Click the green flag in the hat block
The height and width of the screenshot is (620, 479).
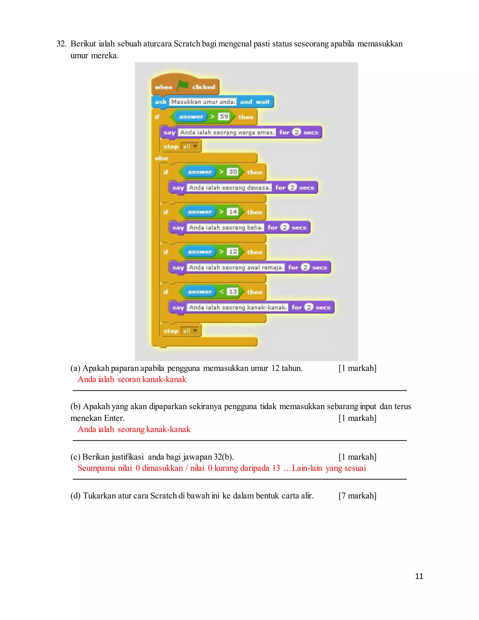click(x=183, y=85)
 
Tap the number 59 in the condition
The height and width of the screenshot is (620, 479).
click(x=224, y=116)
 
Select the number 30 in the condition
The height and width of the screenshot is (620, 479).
click(x=233, y=172)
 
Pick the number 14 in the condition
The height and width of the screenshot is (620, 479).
click(x=233, y=212)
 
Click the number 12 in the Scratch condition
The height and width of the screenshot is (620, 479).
click(x=233, y=252)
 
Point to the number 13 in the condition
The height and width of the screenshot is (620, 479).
click(x=233, y=292)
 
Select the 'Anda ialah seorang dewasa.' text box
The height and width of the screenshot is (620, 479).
click(x=229, y=188)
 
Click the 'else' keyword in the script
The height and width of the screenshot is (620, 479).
click(x=161, y=158)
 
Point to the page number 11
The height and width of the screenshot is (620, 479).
click(x=419, y=576)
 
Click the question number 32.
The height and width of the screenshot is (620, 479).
click(x=61, y=44)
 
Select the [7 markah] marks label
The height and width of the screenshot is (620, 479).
click(x=357, y=496)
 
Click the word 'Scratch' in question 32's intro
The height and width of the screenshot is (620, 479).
click(x=187, y=44)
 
